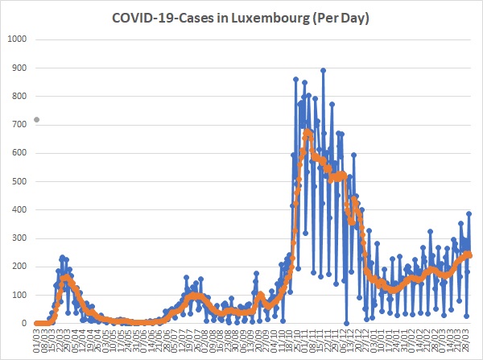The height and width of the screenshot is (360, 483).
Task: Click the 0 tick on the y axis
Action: pyautogui.click(x=24, y=324)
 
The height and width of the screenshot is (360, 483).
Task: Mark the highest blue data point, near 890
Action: pyautogui.click(x=323, y=70)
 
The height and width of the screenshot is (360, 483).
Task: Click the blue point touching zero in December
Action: pyautogui.click(x=347, y=323)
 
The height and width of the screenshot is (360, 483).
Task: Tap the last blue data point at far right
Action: pyautogui.click(x=469, y=213)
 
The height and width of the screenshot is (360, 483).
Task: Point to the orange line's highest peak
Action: pyautogui.click(x=307, y=131)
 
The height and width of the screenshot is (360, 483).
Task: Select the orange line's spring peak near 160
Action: pyautogui.click(x=66, y=279)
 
